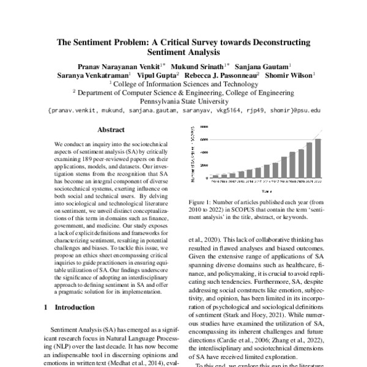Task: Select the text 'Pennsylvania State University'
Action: click(x=183, y=102)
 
